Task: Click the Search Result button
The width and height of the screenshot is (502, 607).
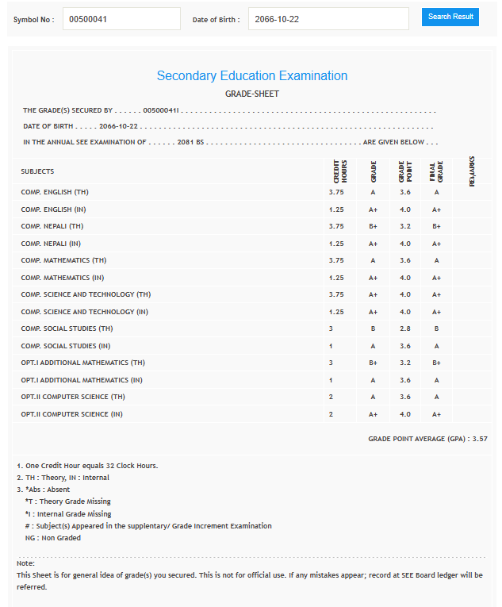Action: pyautogui.click(x=450, y=17)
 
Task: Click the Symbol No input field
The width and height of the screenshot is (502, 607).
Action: pyautogui.click(x=121, y=19)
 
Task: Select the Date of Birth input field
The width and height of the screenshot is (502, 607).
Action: pyautogui.click(x=328, y=19)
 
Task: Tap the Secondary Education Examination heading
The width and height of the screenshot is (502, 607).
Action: pyautogui.click(x=252, y=76)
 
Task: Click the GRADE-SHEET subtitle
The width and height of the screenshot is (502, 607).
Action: pyautogui.click(x=252, y=94)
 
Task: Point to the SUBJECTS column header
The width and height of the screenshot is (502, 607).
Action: pyautogui.click(x=37, y=171)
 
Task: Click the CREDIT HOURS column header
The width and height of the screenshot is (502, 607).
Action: pyautogui.click(x=339, y=171)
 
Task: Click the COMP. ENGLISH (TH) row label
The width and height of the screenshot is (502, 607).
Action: pyautogui.click(x=55, y=192)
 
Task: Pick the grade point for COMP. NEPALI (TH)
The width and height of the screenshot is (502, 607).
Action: pyautogui.click(x=405, y=226)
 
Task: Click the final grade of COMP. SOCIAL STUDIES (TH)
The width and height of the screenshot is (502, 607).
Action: pyautogui.click(x=436, y=328)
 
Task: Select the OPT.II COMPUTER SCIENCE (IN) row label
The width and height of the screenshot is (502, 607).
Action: pyautogui.click(x=71, y=414)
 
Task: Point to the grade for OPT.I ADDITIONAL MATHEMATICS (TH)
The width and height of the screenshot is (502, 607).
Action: pyautogui.click(x=373, y=363)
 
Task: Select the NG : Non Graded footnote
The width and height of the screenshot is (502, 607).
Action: pyautogui.click(x=53, y=538)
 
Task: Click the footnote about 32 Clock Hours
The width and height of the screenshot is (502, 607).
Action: pyautogui.click(x=87, y=465)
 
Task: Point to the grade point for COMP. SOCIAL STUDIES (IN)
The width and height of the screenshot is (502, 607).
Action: pyautogui.click(x=405, y=346)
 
